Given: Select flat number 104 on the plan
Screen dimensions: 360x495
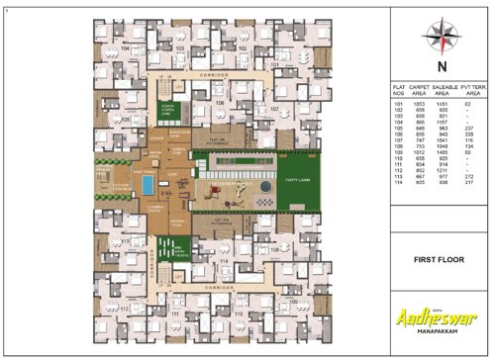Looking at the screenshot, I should (124, 47).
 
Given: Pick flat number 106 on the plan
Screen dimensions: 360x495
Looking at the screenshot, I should (221, 101).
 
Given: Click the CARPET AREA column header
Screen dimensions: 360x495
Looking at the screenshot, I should (422, 90).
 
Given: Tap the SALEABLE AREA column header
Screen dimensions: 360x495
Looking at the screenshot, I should (447, 90).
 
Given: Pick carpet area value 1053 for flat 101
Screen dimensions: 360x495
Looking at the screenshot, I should (421, 103).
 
